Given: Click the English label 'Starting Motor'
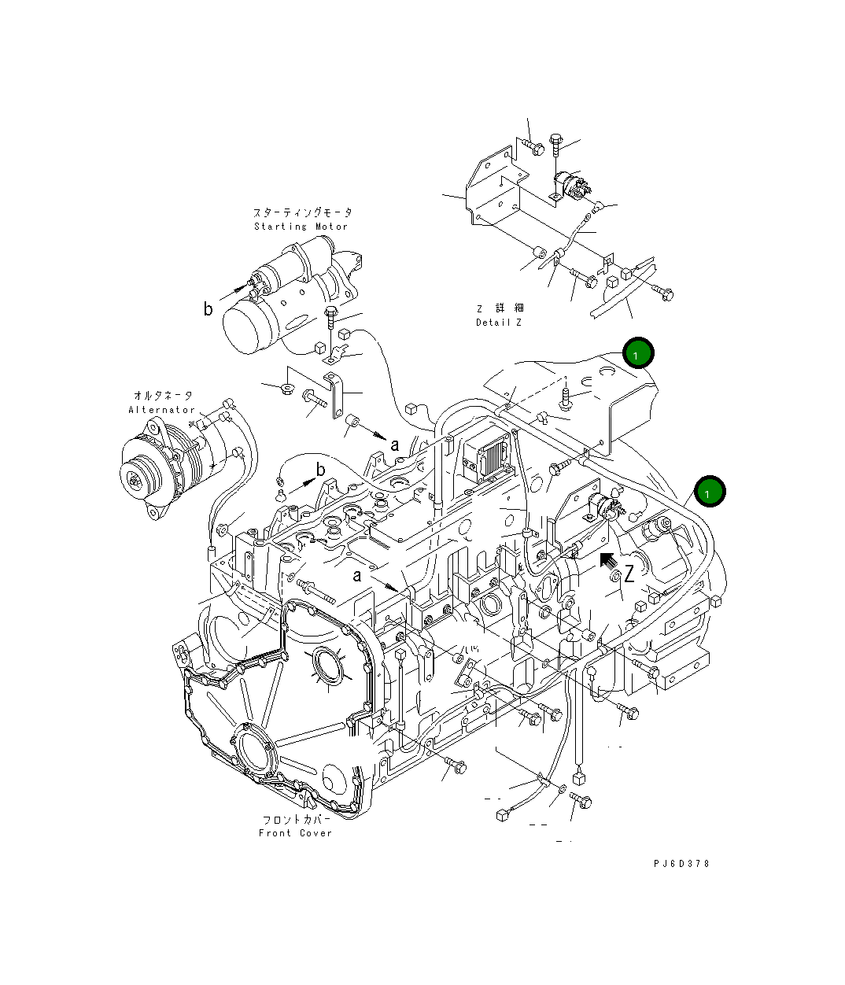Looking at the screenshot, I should (x=301, y=227).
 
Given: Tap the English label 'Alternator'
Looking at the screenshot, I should (x=162, y=410).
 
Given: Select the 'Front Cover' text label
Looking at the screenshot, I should (x=296, y=833).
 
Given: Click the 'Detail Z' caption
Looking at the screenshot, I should (x=499, y=323).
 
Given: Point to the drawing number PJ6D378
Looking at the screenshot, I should (x=681, y=863).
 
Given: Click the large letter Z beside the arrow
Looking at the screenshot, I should (x=629, y=574).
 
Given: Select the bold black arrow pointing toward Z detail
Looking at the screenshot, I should (x=607, y=560).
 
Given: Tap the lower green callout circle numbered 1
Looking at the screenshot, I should (x=709, y=492).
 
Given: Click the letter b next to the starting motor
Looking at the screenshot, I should (x=208, y=309).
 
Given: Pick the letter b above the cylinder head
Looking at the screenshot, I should (x=320, y=470).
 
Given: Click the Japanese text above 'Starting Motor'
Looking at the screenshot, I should (x=303, y=212).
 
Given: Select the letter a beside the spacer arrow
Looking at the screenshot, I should (x=395, y=445).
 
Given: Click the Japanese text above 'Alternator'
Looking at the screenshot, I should (x=163, y=396).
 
